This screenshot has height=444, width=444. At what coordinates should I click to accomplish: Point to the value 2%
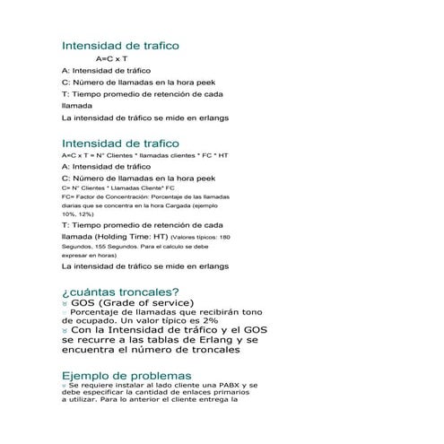pos(209,319)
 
